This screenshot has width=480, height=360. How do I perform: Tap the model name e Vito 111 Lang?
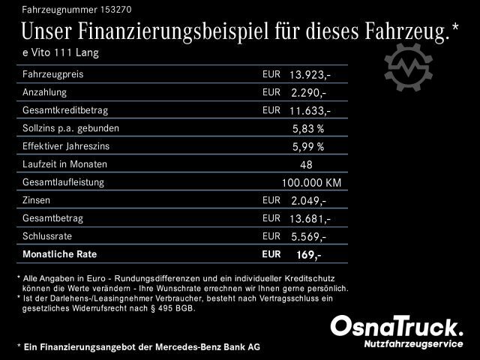(61, 52)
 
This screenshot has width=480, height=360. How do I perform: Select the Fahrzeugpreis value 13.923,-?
(310, 76)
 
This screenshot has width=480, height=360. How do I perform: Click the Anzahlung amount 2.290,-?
(307, 93)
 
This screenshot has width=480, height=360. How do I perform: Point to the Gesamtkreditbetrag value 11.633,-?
(310, 111)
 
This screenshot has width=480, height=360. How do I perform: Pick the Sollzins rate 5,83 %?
(307, 129)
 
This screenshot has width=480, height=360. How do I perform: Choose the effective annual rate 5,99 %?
(307, 146)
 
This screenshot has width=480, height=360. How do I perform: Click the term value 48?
(306, 164)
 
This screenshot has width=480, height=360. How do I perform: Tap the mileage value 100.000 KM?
(311, 182)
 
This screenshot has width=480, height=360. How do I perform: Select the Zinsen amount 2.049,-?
(307, 201)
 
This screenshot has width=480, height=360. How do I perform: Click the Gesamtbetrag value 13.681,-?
(310, 218)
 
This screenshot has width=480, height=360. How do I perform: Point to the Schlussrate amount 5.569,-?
(307, 236)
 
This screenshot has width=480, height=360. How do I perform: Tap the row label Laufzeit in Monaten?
(65, 164)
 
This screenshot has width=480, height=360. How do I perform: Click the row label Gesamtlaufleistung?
(64, 182)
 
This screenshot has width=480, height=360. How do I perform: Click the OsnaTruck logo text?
(397, 327)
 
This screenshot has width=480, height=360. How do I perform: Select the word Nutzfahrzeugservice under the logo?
(412, 343)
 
